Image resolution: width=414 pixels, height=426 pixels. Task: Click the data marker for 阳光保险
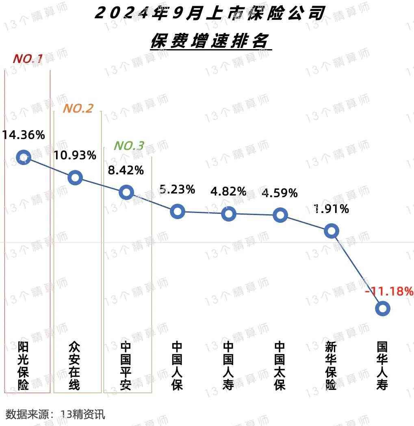pyautogui.click(x=24, y=157)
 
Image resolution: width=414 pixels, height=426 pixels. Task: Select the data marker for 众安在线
pyautogui.click(x=75, y=177)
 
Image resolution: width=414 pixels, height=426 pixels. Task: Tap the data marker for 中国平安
pyautogui.click(x=126, y=192)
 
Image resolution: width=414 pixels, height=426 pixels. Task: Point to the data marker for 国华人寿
pyautogui.click(x=383, y=309)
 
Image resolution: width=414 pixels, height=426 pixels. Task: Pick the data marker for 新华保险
pyautogui.click(x=332, y=231)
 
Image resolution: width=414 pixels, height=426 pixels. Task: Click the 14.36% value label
pyautogui.click(x=24, y=135)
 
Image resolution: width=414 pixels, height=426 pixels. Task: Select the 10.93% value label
pyautogui.click(x=75, y=155)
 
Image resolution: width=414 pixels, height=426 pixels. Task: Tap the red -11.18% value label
pyautogui.click(x=389, y=291)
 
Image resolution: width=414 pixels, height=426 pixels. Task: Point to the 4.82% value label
pyautogui.click(x=229, y=191)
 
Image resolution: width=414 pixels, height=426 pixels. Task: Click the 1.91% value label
pyautogui.click(x=332, y=209)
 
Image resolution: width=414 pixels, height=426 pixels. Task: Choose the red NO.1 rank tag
pyautogui.click(x=28, y=59)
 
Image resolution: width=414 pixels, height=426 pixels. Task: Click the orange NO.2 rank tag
pyautogui.click(x=78, y=109)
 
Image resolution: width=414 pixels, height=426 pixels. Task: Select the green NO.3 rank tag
pyautogui.click(x=129, y=146)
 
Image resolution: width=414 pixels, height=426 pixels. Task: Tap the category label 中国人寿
pyautogui.click(x=229, y=366)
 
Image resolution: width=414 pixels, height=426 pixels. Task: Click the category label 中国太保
pyautogui.click(x=280, y=366)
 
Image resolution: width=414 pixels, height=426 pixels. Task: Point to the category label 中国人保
pyautogui.click(x=178, y=366)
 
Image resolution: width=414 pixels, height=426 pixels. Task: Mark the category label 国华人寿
pyautogui.click(x=382, y=366)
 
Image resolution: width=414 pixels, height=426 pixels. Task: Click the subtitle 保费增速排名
pyautogui.click(x=211, y=41)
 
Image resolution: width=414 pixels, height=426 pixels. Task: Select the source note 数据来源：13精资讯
pyautogui.click(x=55, y=414)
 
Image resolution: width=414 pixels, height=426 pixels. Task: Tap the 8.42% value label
pyautogui.click(x=126, y=170)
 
